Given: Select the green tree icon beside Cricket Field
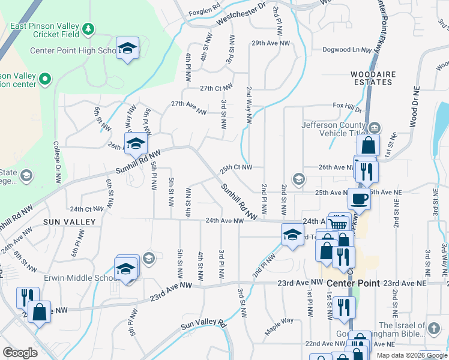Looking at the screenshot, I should [88, 29].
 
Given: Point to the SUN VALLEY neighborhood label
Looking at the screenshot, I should [70, 222].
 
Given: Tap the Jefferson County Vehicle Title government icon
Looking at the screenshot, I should [375, 127].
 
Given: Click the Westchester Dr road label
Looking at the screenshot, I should [241, 13].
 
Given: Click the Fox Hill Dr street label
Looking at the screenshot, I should [348, 106].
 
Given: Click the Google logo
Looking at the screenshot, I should [20, 353].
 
